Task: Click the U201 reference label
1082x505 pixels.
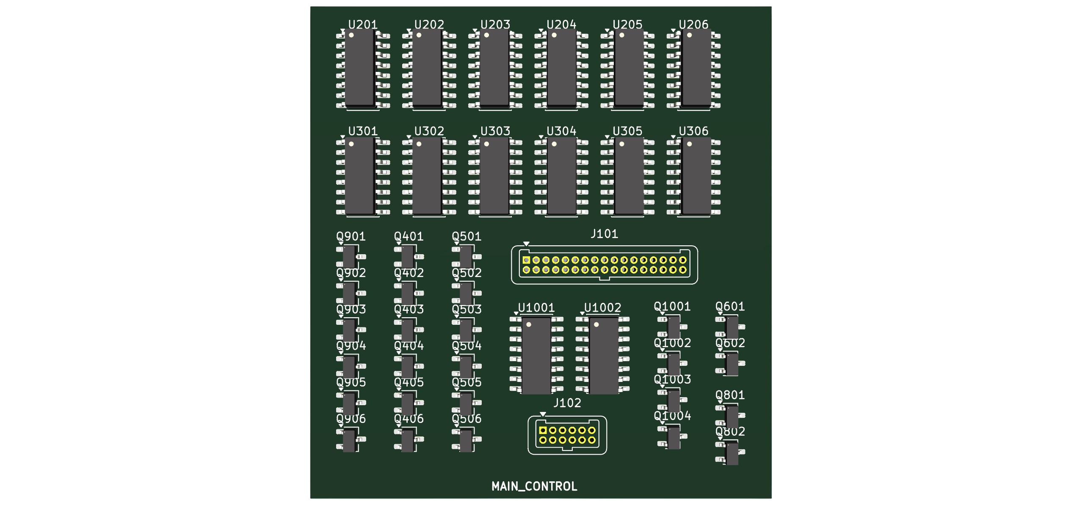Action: coord(362,25)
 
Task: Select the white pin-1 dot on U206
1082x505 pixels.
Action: coord(690,35)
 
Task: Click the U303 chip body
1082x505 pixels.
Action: coord(494,175)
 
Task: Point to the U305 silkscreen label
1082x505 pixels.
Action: coord(627,131)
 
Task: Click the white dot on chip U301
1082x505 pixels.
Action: coord(351,144)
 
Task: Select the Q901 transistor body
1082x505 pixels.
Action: coord(349,257)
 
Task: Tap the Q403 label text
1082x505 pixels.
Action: coord(409,310)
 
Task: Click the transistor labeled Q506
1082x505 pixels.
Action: coord(466,440)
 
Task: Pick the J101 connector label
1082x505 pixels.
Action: coord(604,234)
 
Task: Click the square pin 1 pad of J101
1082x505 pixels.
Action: coord(526,260)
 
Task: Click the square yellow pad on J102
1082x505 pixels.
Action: coord(543,431)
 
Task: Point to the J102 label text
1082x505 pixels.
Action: coord(567,403)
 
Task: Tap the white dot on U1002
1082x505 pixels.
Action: coord(596,324)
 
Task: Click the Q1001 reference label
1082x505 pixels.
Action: coord(672,307)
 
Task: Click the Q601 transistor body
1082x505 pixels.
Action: coord(732,327)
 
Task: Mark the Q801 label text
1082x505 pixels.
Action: coord(730,395)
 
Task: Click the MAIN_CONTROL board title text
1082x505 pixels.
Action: coord(534,486)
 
